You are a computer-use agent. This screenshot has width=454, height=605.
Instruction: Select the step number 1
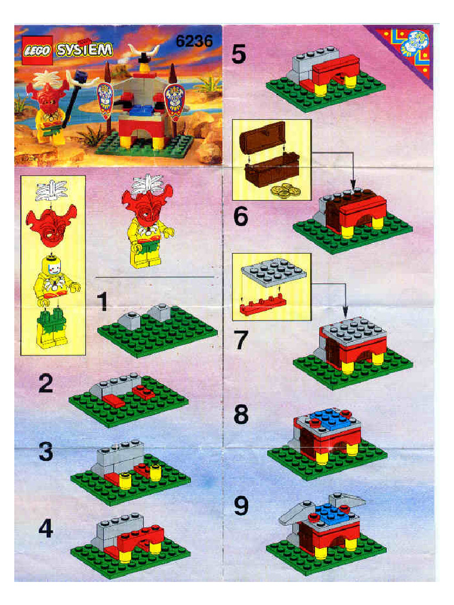102,302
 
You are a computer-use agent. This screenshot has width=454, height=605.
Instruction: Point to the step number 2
46,385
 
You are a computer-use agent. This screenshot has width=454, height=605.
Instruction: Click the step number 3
46,453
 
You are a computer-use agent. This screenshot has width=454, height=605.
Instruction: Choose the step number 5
239,54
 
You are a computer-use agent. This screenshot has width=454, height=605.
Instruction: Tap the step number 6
240,217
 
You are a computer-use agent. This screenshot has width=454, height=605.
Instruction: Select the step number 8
241,415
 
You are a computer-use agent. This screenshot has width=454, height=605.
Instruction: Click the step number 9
241,506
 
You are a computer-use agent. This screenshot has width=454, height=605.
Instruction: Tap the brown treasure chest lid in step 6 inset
262,135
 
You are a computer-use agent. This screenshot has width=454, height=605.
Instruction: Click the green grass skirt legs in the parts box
51,322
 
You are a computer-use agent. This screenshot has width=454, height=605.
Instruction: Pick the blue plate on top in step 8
328,418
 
